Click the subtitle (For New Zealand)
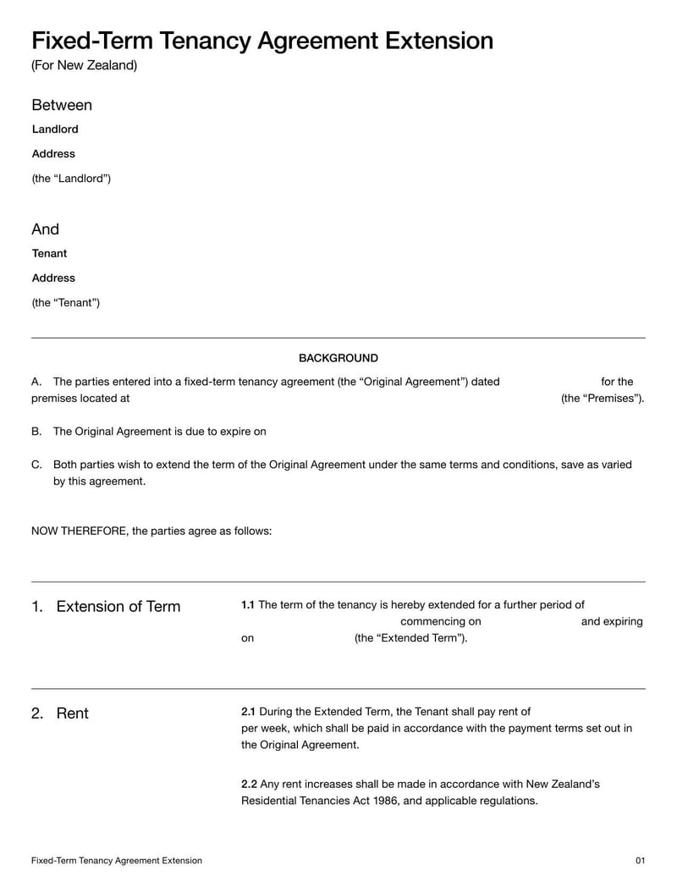click(84, 66)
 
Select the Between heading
click(62, 105)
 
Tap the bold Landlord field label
click(55, 129)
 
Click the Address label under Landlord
click(53, 154)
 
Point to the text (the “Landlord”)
click(71, 179)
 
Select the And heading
click(46, 229)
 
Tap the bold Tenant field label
click(49, 254)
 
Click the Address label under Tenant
click(53, 278)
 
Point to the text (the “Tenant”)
click(65, 303)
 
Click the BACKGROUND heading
click(338, 358)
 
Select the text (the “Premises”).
click(603, 399)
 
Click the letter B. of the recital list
click(36, 432)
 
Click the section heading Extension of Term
click(118, 607)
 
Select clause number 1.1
click(248, 605)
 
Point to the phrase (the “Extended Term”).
click(410, 638)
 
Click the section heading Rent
click(72, 713)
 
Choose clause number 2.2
click(249, 785)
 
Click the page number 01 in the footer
click(640, 861)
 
